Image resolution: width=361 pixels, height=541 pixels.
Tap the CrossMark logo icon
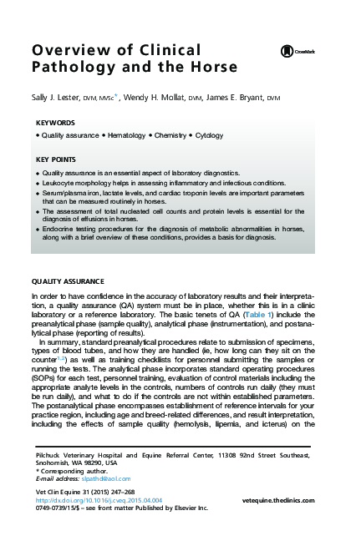click(x=286, y=52)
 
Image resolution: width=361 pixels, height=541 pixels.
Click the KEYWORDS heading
click(x=55, y=123)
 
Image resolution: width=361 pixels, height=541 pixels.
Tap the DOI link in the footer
click(x=96, y=500)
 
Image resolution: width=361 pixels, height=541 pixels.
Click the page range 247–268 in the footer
click(x=115, y=493)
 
